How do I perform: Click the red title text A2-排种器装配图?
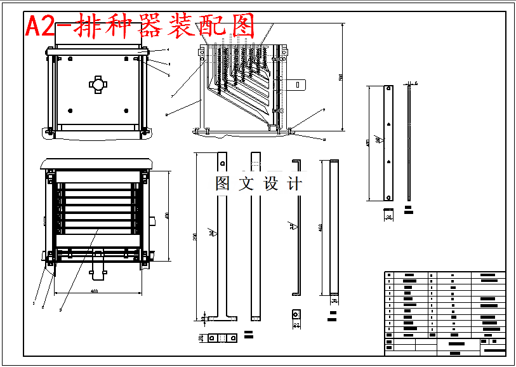(x=140, y=26)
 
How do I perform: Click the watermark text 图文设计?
(x=258, y=184)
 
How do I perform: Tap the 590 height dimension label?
(x=340, y=77)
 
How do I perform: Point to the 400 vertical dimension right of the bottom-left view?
(x=166, y=217)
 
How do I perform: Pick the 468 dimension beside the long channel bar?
(x=321, y=227)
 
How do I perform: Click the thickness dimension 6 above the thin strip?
(x=416, y=83)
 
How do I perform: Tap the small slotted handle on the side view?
(x=298, y=84)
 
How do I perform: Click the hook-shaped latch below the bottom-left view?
(x=98, y=267)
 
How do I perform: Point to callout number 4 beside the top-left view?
(x=168, y=49)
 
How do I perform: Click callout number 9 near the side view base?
(x=324, y=110)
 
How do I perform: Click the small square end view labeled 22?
(x=296, y=314)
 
